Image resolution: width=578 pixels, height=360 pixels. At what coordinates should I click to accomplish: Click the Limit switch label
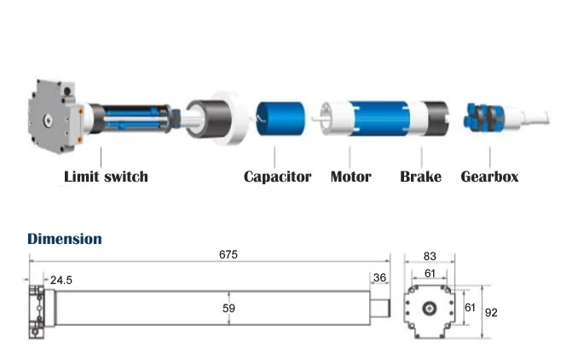pyautogui.click(x=107, y=177)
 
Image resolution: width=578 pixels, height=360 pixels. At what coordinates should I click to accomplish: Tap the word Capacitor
pyautogui.click(x=278, y=177)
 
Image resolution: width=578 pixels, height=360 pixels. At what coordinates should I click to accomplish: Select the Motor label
pyautogui.click(x=350, y=177)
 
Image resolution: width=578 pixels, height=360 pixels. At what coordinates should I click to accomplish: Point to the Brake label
pyautogui.click(x=420, y=177)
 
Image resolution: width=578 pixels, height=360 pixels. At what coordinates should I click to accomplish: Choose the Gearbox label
pyautogui.click(x=489, y=177)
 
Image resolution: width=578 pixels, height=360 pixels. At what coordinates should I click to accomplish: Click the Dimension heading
pyautogui.click(x=65, y=239)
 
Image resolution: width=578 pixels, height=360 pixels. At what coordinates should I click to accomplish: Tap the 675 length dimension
pyautogui.click(x=228, y=254)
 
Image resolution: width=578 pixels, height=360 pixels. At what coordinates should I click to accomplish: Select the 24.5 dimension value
pyautogui.click(x=61, y=281)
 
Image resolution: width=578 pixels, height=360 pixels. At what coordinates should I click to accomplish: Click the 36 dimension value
pyautogui.click(x=379, y=278)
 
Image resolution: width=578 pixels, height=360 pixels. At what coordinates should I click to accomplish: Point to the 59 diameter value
pyautogui.click(x=228, y=308)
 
